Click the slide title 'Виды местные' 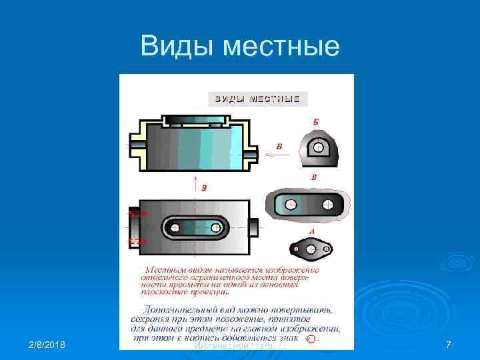pyautogui.click(x=240, y=46)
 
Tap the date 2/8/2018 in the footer pyautogui.click(x=47, y=344)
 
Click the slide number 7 pyautogui.click(x=448, y=344)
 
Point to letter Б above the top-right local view pyautogui.click(x=315, y=122)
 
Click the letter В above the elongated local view pyautogui.click(x=313, y=177)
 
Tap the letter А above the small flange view pyautogui.click(x=312, y=231)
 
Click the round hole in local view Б pyautogui.click(x=319, y=147)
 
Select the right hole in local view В pyautogui.click(x=327, y=205)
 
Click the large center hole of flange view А pyautogui.click(x=310, y=249)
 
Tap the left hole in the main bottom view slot pyautogui.click(x=175, y=228)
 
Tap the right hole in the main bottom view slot pyautogui.click(x=215, y=228)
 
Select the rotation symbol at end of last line pyautogui.click(x=309, y=339)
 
